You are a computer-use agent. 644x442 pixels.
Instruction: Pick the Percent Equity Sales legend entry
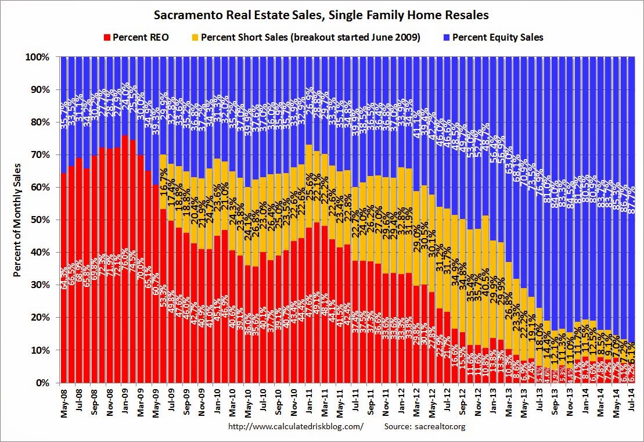point(497,37)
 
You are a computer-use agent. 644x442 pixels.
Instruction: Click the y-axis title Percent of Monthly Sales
point(18,220)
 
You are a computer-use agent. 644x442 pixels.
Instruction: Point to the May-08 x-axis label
point(64,401)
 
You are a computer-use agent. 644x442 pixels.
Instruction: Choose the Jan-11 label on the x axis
point(309,401)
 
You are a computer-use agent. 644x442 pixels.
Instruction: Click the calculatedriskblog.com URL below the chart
point(296,426)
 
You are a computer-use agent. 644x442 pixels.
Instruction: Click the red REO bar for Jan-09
point(125,261)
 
